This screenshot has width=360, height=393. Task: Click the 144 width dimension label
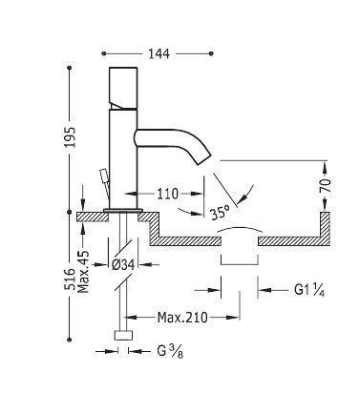point(159,53)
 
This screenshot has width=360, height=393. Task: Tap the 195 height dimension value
point(70,137)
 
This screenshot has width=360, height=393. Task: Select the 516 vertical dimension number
point(70,279)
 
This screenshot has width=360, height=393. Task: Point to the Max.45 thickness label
point(84,272)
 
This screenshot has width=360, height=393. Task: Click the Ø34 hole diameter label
point(123,264)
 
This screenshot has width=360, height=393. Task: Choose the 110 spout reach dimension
point(167,194)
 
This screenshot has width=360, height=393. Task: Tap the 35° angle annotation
point(221,212)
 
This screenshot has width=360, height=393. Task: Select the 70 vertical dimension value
point(326,185)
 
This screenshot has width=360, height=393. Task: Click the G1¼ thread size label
point(309,290)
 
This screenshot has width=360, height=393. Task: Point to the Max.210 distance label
point(182,317)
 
